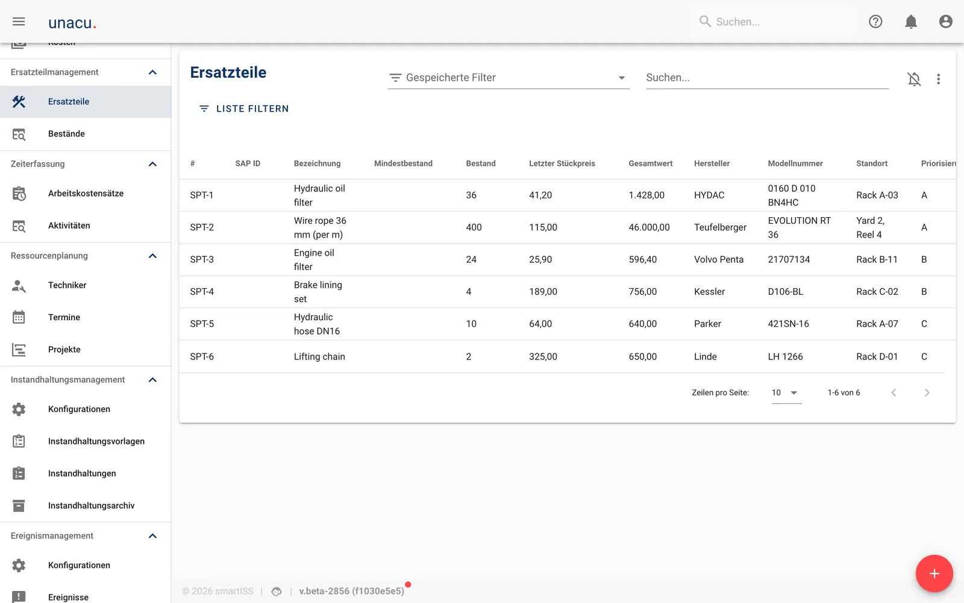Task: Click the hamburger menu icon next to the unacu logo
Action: pos(19,22)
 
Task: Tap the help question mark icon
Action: pos(875,22)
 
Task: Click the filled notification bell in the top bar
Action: pos(910,22)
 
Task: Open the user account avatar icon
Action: pos(945,22)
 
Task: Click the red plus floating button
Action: pos(934,573)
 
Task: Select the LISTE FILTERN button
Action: pos(244,109)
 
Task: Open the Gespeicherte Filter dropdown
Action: pos(509,78)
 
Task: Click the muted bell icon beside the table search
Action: pos(914,79)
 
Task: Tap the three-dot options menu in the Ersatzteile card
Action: pos(939,79)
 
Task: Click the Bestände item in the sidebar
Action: pos(66,134)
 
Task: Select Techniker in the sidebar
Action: pos(67,285)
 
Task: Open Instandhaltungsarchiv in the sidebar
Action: pos(91,506)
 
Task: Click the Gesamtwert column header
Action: pos(650,163)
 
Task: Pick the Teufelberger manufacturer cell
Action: pos(720,227)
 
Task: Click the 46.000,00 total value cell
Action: pos(649,227)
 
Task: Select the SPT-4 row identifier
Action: pos(202,292)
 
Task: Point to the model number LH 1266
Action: pos(785,356)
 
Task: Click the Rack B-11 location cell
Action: pos(877,259)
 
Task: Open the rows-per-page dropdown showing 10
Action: pos(786,393)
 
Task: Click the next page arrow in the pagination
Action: pos(927,393)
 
